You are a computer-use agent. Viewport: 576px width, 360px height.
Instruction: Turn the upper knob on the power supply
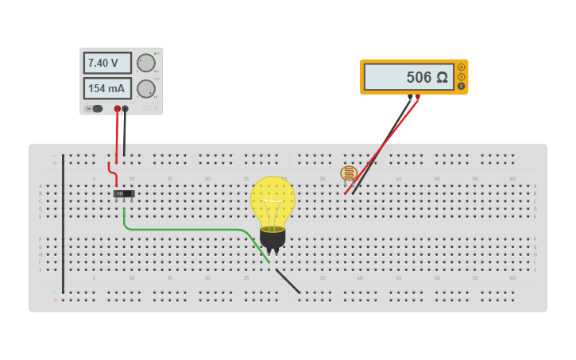click(146, 63)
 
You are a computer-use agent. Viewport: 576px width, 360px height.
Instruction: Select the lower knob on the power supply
click(146, 88)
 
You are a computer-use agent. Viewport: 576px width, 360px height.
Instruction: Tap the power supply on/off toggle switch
click(96, 109)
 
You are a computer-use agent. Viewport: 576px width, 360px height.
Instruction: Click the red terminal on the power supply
click(118, 109)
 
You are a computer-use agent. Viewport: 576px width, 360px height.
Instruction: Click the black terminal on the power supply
click(126, 109)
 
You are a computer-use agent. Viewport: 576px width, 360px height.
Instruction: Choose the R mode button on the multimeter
click(461, 86)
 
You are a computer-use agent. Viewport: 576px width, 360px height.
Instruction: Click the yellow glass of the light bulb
click(273, 200)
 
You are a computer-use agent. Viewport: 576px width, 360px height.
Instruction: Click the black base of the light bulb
click(273, 236)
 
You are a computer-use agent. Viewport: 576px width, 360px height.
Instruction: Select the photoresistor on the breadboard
click(349, 172)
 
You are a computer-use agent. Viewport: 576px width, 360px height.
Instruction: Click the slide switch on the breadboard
click(124, 194)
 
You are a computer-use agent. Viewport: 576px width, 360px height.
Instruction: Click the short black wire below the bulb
click(288, 281)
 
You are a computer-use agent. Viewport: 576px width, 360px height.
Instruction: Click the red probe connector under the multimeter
click(418, 98)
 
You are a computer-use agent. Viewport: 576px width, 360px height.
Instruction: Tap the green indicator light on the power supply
click(157, 53)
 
